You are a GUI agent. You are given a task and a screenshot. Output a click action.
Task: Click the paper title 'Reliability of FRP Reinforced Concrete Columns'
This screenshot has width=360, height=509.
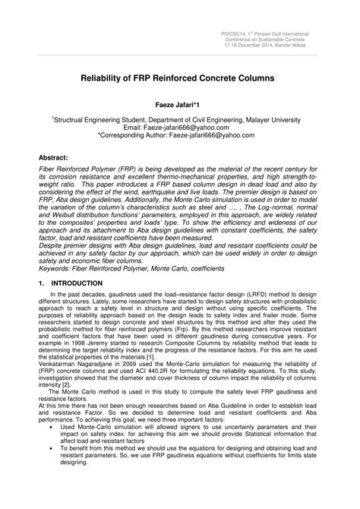pos(179,78)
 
